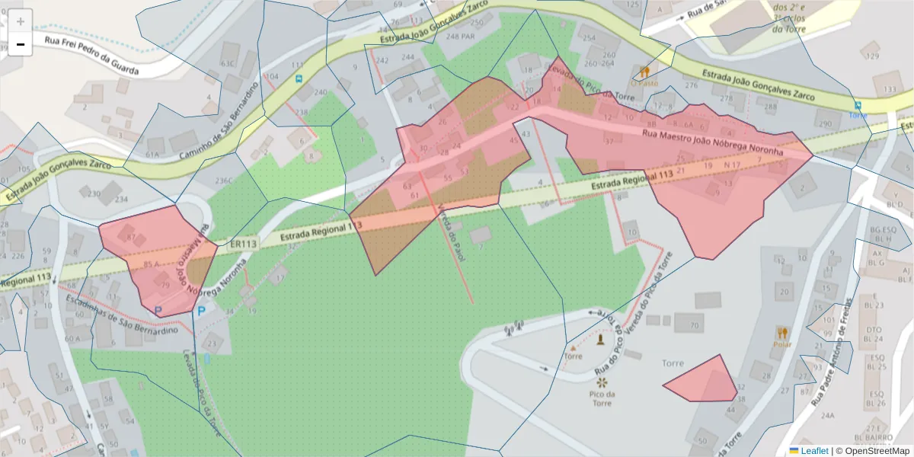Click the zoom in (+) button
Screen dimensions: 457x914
(21, 21)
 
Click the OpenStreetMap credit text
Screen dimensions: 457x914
(877, 451)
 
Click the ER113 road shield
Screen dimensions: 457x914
(244, 244)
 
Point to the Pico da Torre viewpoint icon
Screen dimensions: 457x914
(602, 381)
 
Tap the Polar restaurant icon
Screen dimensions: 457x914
(782, 333)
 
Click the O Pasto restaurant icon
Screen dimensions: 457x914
(644, 72)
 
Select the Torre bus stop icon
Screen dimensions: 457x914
(858, 105)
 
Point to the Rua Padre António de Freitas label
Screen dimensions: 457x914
(836, 350)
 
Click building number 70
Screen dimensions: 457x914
(692, 326)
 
